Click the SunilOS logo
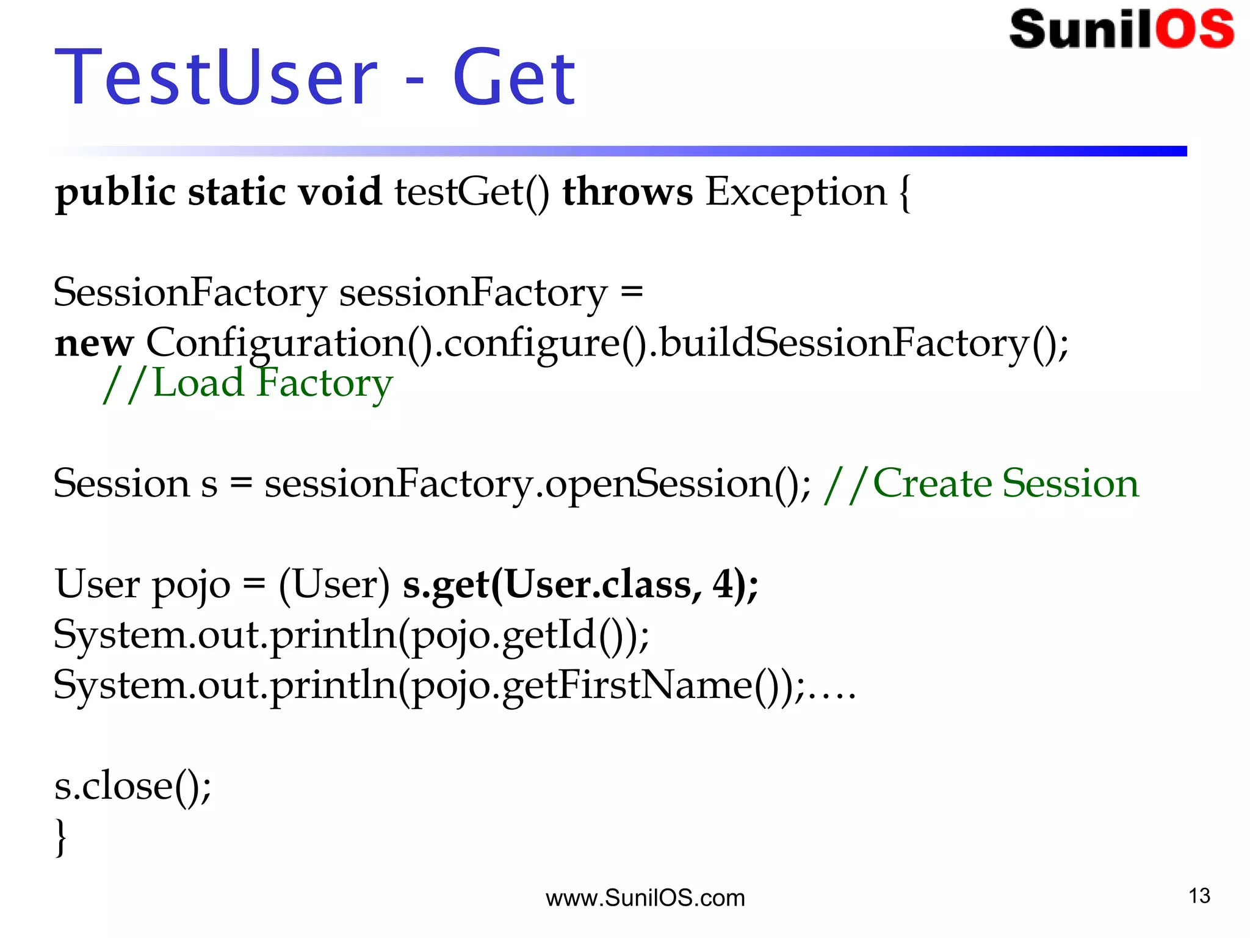[x=1122, y=29]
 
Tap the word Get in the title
[x=514, y=78]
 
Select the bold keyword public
[x=115, y=192]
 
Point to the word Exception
[x=795, y=192]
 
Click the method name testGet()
[x=471, y=192]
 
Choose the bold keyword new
[x=93, y=343]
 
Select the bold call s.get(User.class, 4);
[x=580, y=584]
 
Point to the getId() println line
[x=351, y=635]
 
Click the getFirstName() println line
[x=455, y=685]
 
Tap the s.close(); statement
[x=132, y=786]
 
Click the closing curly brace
[x=60, y=837]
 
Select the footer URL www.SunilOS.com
[x=645, y=898]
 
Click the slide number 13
[x=1199, y=896]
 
